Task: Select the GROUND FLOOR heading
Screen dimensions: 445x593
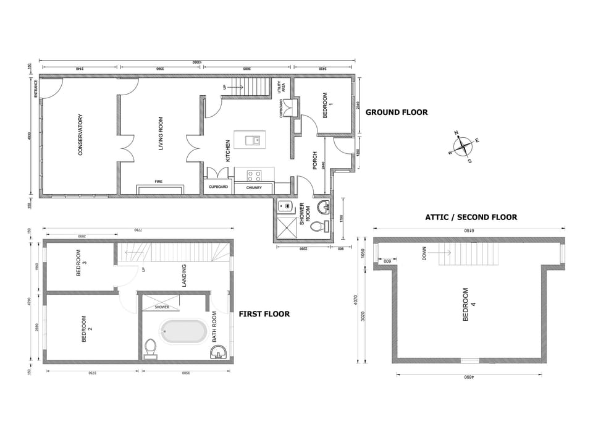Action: (x=397, y=112)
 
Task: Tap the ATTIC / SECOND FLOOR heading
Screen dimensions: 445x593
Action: (x=471, y=217)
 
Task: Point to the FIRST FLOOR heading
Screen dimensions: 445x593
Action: (x=264, y=314)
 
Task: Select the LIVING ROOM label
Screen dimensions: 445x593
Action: (x=161, y=133)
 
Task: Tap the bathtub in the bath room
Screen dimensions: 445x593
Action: (x=183, y=331)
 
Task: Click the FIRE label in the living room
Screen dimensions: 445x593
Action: (x=158, y=182)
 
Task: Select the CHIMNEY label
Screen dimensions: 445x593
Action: (x=254, y=187)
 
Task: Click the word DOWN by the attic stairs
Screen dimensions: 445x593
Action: (x=424, y=253)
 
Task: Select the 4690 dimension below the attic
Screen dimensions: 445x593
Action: (x=471, y=376)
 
